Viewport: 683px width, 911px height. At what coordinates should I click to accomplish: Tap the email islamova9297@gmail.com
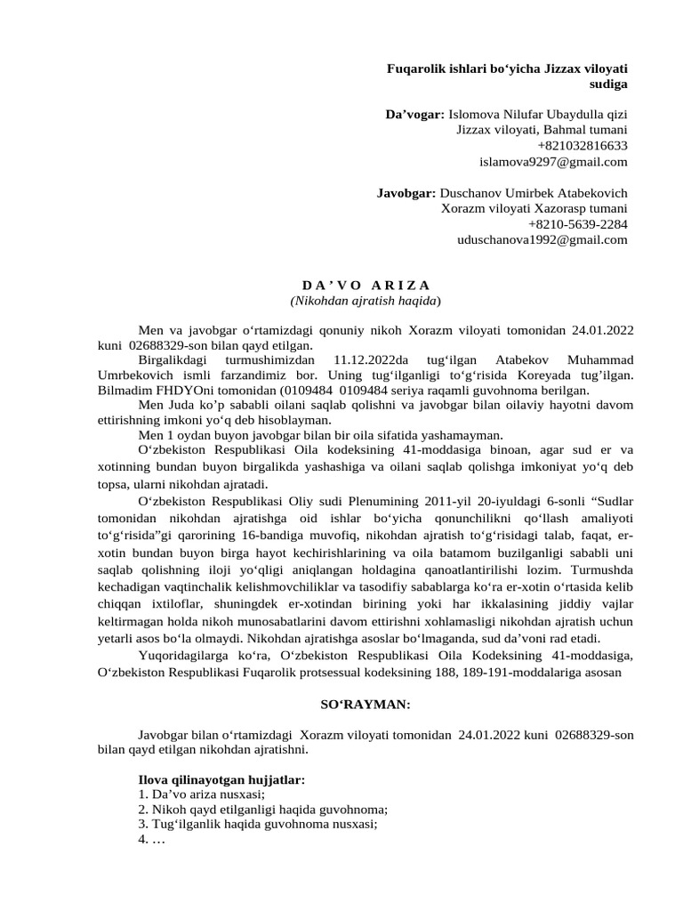tap(553, 161)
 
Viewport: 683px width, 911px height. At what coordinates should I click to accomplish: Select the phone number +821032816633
tap(582, 146)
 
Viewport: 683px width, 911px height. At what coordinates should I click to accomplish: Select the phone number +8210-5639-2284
tap(577, 224)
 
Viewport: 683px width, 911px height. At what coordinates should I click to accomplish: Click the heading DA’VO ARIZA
tap(366, 285)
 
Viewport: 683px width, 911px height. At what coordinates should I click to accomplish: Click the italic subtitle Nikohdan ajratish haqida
tap(366, 301)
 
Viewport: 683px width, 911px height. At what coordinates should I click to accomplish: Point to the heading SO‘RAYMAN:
tap(365, 704)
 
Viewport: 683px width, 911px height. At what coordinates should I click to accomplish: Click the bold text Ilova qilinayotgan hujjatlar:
tap(221, 779)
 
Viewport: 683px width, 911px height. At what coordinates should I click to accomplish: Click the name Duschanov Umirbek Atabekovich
tap(534, 193)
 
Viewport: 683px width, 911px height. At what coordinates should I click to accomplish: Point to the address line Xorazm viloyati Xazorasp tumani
tap(534, 208)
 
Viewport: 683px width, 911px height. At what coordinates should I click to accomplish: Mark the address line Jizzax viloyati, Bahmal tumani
tap(541, 130)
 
